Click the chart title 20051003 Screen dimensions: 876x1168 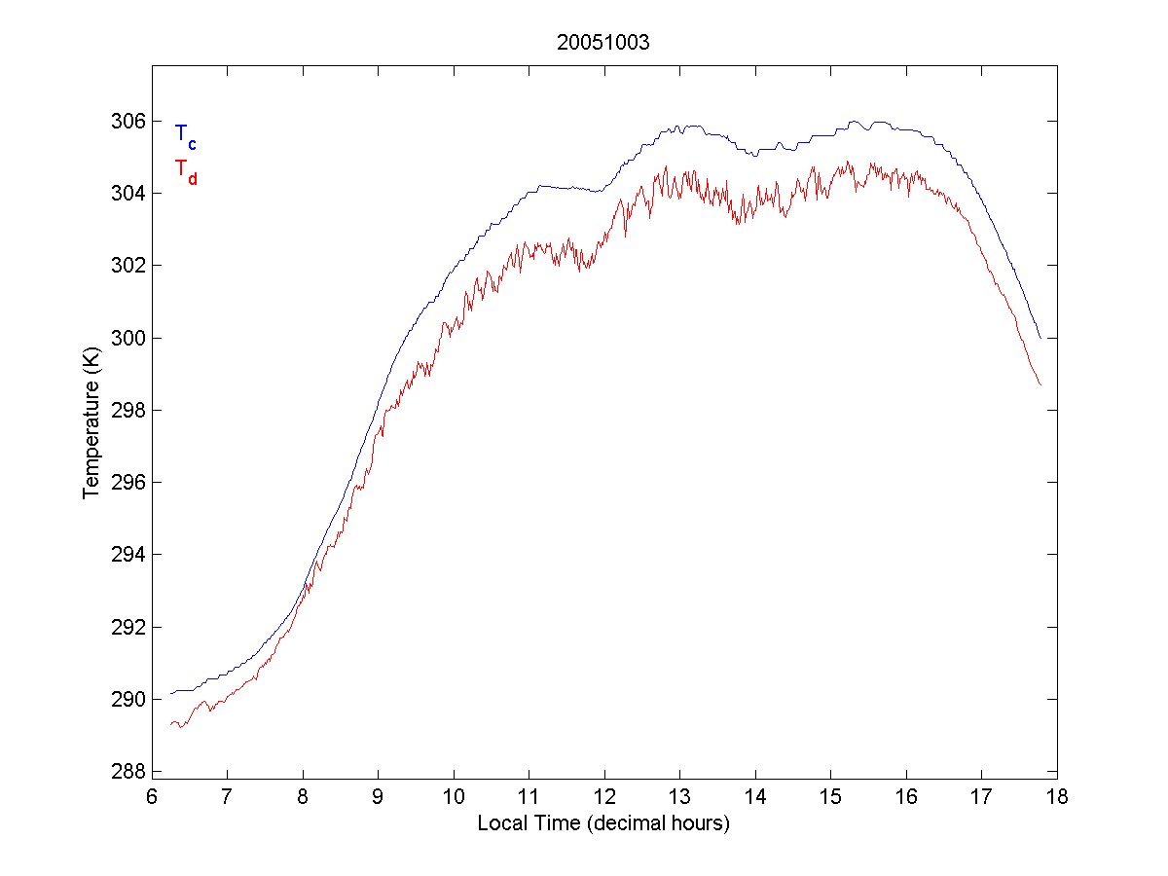(x=602, y=43)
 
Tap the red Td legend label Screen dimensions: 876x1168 (x=185, y=171)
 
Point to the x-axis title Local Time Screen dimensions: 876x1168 (x=603, y=823)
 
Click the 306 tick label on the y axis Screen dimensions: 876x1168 (x=129, y=121)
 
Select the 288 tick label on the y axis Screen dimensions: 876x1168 (x=129, y=772)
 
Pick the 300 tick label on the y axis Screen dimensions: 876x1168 (x=129, y=338)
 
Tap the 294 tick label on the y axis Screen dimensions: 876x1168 (x=129, y=555)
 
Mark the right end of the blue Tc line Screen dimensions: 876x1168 (x=1040, y=338)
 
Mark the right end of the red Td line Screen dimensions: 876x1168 (x=1040, y=384)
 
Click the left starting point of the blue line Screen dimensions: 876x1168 (x=170, y=693)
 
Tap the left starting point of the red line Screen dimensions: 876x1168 (x=170, y=724)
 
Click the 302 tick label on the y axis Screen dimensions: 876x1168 (x=129, y=266)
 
